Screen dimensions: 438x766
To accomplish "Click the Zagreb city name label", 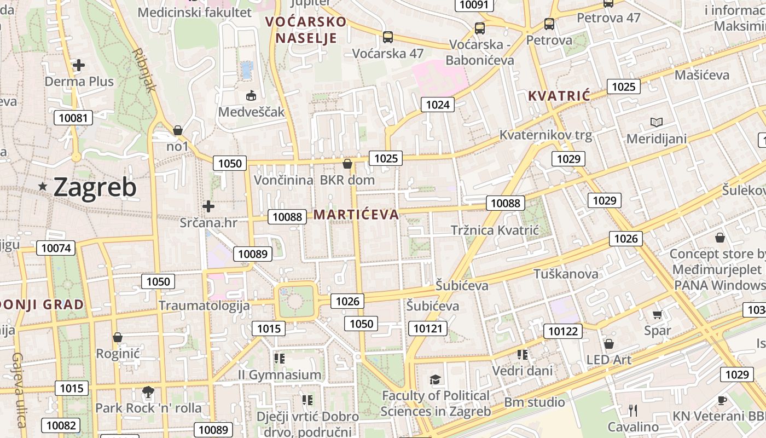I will (x=95, y=188).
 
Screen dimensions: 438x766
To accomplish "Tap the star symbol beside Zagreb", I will (x=43, y=187).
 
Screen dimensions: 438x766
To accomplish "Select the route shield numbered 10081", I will (x=73, y=118).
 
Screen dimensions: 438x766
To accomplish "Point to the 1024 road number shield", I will (x=437, y=105).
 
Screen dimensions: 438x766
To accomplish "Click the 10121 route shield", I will (x=427, y=328).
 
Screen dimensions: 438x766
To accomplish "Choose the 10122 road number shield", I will (x=563, y=331).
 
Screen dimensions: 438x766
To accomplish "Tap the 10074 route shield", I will (x=56, y=248).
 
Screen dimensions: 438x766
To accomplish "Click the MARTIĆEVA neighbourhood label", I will (x=356, y=215).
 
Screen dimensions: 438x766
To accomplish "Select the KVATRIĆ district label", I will (x=559, y=96).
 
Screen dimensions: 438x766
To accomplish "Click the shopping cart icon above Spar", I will (x=657, y=315).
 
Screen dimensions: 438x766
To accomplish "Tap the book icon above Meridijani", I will (x=656, y=122).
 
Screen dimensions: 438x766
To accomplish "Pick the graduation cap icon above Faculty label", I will (x=435, y=379).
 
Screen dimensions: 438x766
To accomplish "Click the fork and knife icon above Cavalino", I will (x=633, y=411).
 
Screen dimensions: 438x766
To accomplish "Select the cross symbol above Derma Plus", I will (x=79, y=66).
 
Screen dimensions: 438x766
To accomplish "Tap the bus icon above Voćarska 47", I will (x=388, y=37).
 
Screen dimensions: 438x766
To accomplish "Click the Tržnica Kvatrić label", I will (x=495, y=230).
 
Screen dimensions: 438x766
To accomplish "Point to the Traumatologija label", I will (x=204, y=306).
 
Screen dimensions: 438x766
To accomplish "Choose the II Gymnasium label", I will (x=280, y=375).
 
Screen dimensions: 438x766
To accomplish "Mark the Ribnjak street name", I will (x=144, y=70).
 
